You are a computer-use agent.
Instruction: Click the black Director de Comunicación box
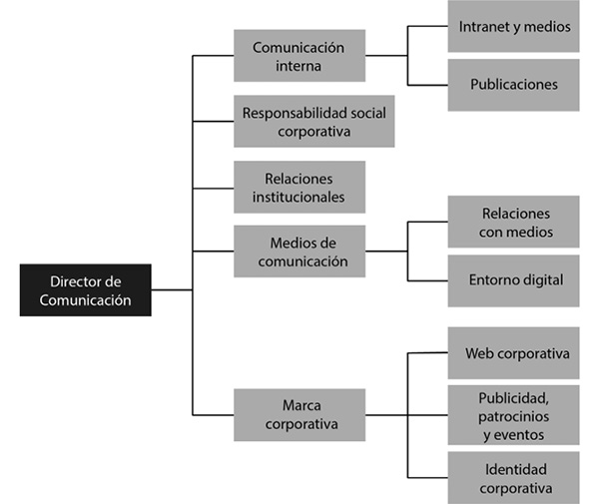click(x=85, y=289)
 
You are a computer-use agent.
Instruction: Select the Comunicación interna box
click(x=299, y=56)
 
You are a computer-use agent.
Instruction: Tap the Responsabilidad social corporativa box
click(x=312, y=121)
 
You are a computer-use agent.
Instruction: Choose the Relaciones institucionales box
click(x=299, y=187)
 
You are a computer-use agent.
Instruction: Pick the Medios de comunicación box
click(x=299, y=252)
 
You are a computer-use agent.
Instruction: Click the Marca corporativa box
click(x=299, y=414)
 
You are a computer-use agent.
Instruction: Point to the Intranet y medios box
click(x=513, y=27)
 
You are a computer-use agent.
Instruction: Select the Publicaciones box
click(x=513, y=84)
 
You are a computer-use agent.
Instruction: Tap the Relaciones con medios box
click(x=513, y=223)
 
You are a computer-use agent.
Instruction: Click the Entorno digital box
click(x=513, y=279)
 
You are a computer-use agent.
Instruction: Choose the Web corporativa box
click(x=513, y=353)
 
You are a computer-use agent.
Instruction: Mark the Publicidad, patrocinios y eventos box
click(x=513, y=414)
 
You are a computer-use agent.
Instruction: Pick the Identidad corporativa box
click(x=513, y=478)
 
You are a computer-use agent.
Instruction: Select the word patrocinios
click(x=514, y=414)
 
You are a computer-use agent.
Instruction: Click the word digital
click(x=542, y=279)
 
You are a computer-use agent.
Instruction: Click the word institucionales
click(x=299, y=197)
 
